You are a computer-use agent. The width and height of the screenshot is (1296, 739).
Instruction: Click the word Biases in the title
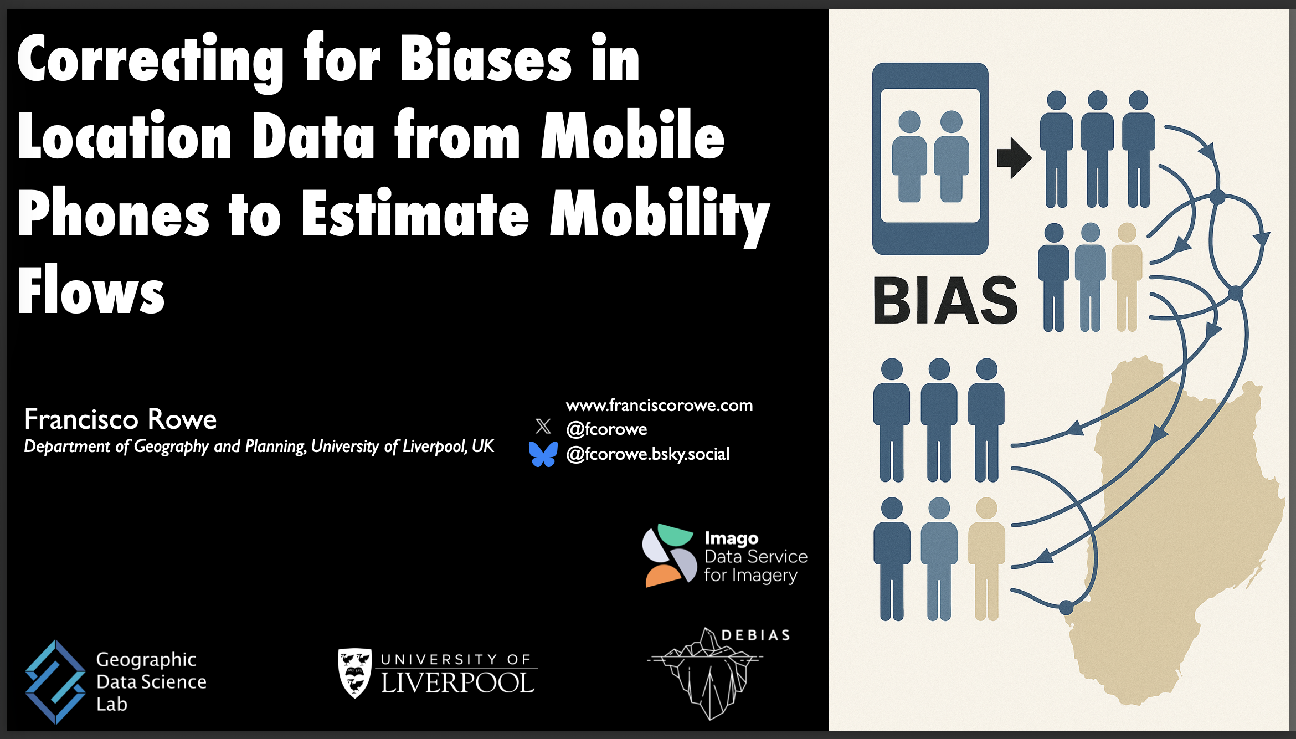[485, 61]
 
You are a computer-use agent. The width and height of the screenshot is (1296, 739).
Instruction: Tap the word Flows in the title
[91, 291]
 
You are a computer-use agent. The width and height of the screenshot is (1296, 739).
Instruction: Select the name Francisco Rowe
[120, 419]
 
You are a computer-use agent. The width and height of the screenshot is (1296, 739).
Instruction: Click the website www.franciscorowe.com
[659, 406]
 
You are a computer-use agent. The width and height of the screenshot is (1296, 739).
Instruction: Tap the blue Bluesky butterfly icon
[543, 454]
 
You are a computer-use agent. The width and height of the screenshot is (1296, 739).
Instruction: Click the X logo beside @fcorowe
[543, 426]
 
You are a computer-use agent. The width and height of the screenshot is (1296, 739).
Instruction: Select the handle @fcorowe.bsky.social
[647, 454]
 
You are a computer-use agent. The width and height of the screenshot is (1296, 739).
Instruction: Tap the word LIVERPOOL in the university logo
[458, 683]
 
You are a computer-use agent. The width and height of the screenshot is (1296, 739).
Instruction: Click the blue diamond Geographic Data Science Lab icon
[55, 681]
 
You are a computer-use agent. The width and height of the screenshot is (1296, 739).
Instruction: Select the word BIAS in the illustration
[945, 301]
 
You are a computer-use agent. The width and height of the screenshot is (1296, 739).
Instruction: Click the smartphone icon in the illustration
[930, 159]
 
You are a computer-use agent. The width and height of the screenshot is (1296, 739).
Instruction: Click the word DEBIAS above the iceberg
[756, 635]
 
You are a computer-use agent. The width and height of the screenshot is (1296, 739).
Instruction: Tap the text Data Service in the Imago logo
[755, 556]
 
